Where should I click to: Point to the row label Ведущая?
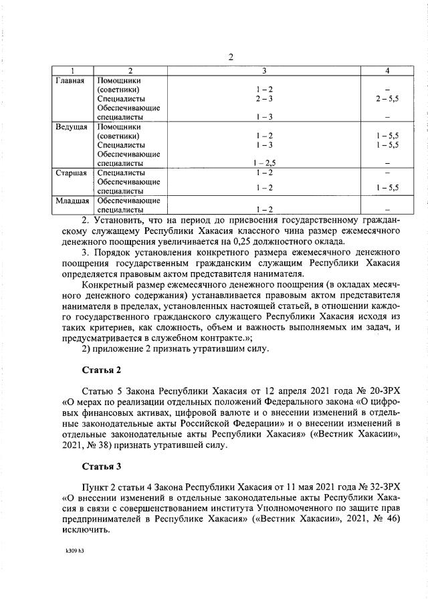point(70,127)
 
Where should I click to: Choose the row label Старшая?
point(70,173)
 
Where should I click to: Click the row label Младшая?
point(71,201)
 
